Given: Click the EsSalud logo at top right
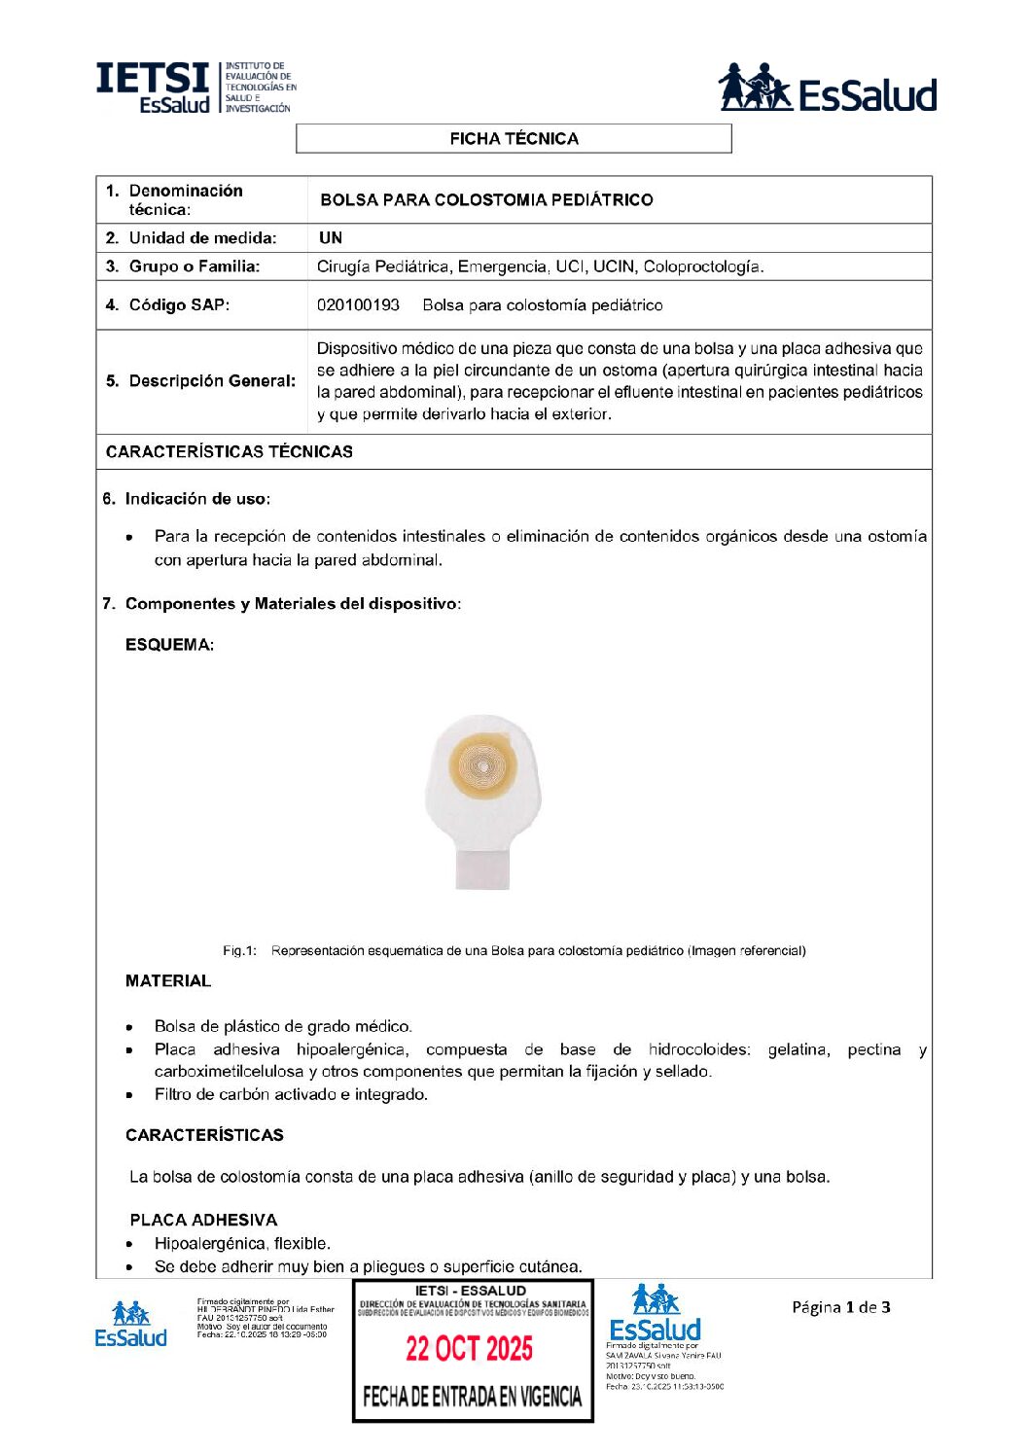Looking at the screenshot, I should tap(827, 89).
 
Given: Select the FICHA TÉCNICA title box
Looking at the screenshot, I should tap(514, 139).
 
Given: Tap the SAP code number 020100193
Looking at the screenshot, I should tap(358, 305).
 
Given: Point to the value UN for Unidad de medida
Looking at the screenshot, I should tap(331, 238).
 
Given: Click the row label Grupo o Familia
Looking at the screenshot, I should tap(195, 266).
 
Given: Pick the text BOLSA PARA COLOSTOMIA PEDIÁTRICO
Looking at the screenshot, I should tap(486, 200).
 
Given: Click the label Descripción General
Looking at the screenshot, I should tap(212, 381).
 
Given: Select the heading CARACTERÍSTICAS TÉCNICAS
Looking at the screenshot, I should tap(230, 452).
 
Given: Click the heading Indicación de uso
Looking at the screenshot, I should tap(197, 499).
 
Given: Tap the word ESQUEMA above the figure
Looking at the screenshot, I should tap(169, 645).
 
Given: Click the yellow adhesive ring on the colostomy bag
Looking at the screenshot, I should tap(483, 767).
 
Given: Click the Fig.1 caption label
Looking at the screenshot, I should tap(239, 951).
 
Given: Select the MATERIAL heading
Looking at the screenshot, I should tap(168, 981).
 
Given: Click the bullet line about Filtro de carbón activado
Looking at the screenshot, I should tap(291, 1095).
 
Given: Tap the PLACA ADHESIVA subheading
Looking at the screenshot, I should tap(203, 1221).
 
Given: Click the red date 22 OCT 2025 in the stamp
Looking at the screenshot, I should tap(470, 1349).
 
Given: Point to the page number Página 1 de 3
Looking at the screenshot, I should tap(840, 1307).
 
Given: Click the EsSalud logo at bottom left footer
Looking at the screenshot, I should tap(130, 1324).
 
